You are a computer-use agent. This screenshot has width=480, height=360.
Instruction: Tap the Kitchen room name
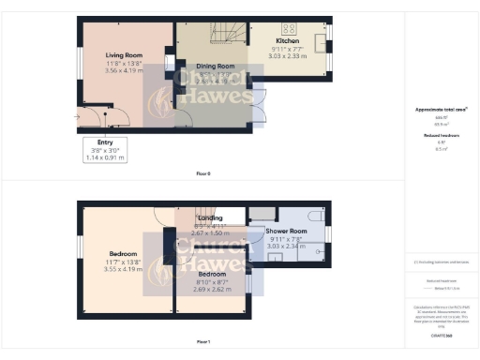click(x=288, y=41)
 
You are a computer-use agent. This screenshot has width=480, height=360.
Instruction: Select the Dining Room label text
click(x=215, y=67)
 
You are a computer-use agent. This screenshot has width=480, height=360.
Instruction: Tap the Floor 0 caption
click(x=202, y=174)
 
